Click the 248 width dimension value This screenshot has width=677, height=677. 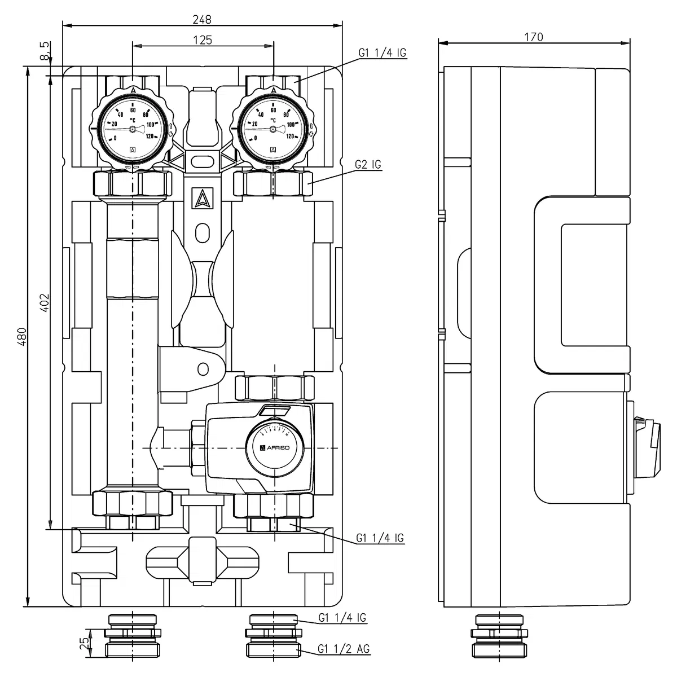(201, 19)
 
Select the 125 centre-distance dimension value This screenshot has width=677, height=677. (202, 39)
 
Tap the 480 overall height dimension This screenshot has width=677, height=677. (21, 337)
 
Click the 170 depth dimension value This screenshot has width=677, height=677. (533, 37)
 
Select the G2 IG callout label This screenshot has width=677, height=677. (368, 165)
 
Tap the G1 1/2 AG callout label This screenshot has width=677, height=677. (344, 649)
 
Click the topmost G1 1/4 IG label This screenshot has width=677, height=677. (382, 53)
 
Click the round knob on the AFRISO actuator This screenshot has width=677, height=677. (275, 446)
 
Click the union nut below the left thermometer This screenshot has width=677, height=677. (133, 183)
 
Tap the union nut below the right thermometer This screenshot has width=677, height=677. (273, 183)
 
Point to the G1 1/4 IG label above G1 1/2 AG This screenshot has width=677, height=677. (342, 618)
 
